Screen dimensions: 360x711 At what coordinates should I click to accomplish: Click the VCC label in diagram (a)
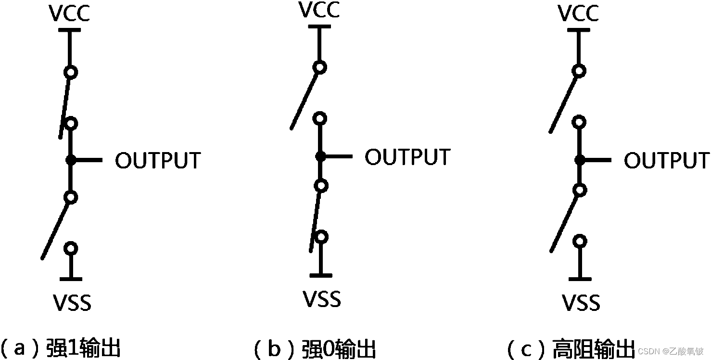point(69,14)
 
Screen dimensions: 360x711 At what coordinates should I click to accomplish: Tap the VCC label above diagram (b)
point(319,10)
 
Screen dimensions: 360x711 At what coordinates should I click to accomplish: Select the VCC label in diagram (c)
point(579,13)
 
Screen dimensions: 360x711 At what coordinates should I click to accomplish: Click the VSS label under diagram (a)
point(72,303)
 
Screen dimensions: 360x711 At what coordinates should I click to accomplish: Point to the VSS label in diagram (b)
point(322,299)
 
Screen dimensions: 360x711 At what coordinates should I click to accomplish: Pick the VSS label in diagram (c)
point(581,303)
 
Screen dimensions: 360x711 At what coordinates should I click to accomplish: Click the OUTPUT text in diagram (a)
point(158,161)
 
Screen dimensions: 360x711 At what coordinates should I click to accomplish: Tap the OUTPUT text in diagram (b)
point(407,157)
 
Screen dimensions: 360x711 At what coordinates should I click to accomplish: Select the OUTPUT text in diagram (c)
point(667,160)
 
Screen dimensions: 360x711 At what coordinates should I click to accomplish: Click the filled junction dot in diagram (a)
point(71,160)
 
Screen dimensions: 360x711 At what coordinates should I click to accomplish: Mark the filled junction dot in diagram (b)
point(320,156)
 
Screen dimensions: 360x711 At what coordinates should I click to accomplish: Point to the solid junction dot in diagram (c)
point(580,160)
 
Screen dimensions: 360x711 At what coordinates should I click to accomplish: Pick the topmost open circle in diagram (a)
point(71,72)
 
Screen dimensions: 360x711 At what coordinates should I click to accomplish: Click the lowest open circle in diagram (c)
point(580,241)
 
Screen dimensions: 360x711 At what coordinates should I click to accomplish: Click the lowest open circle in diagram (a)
point(71,248)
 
